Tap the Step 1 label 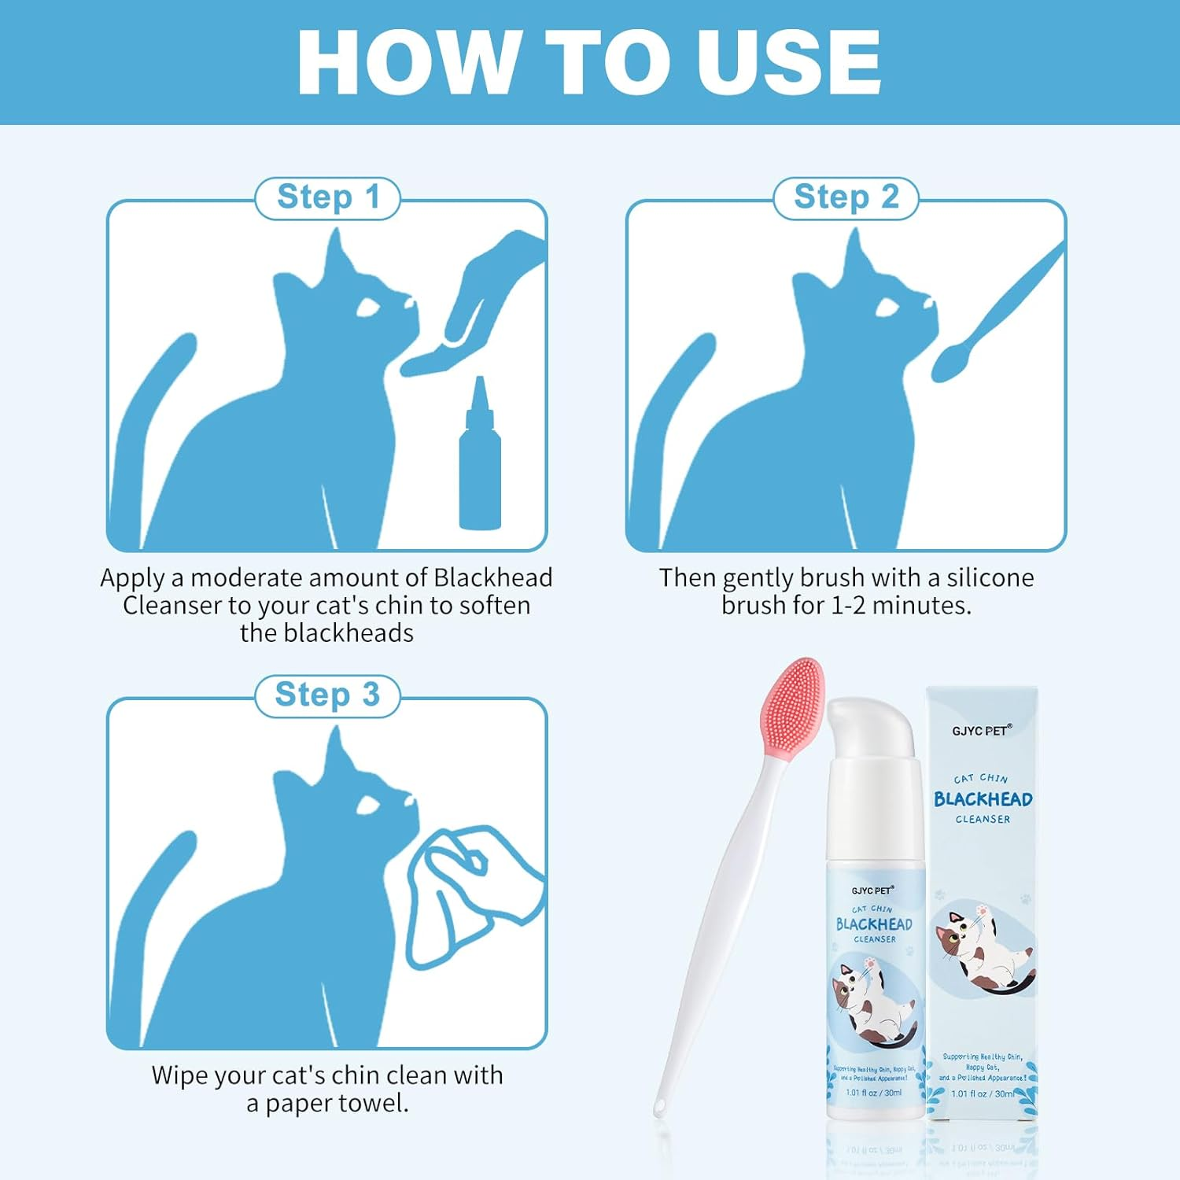tap(328, 197)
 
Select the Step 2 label tap(846, 197)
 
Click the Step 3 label tap(327, 695)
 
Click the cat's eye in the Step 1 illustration tap(368, 308)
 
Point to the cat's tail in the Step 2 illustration tap(669, 409)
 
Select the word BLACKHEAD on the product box tap(983, 799)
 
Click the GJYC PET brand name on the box tap(980, 731)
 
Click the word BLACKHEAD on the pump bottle tap(874, 924)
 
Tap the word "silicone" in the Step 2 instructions tap(990, 578)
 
